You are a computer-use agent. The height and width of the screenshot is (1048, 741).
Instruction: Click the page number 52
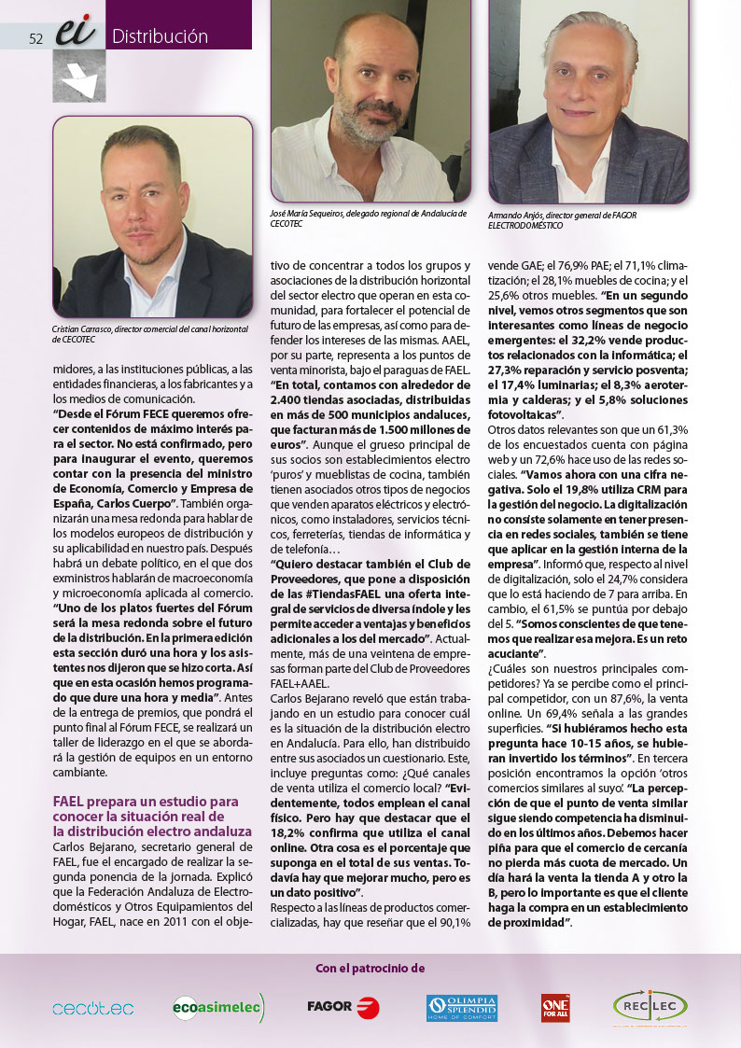coord(36,38)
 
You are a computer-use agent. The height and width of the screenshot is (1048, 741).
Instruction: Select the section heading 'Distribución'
coord(160,36)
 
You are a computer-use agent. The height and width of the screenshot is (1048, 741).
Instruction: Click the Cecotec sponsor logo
coord(92,1008)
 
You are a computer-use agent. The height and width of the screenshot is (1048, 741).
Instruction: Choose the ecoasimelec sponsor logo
coord(218,1007)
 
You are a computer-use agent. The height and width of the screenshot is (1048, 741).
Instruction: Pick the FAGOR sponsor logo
coord(343,1006)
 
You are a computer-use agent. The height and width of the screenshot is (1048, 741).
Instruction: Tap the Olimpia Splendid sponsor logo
coord(461,1007)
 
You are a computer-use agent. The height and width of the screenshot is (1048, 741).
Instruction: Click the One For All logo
coord(555,1007)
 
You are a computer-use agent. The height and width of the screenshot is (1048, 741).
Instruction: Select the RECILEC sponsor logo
coord(650,1006)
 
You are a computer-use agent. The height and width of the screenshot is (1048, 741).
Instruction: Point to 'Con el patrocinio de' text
coord(370,969)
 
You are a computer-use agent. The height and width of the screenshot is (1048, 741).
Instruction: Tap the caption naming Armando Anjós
coord(575,219)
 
